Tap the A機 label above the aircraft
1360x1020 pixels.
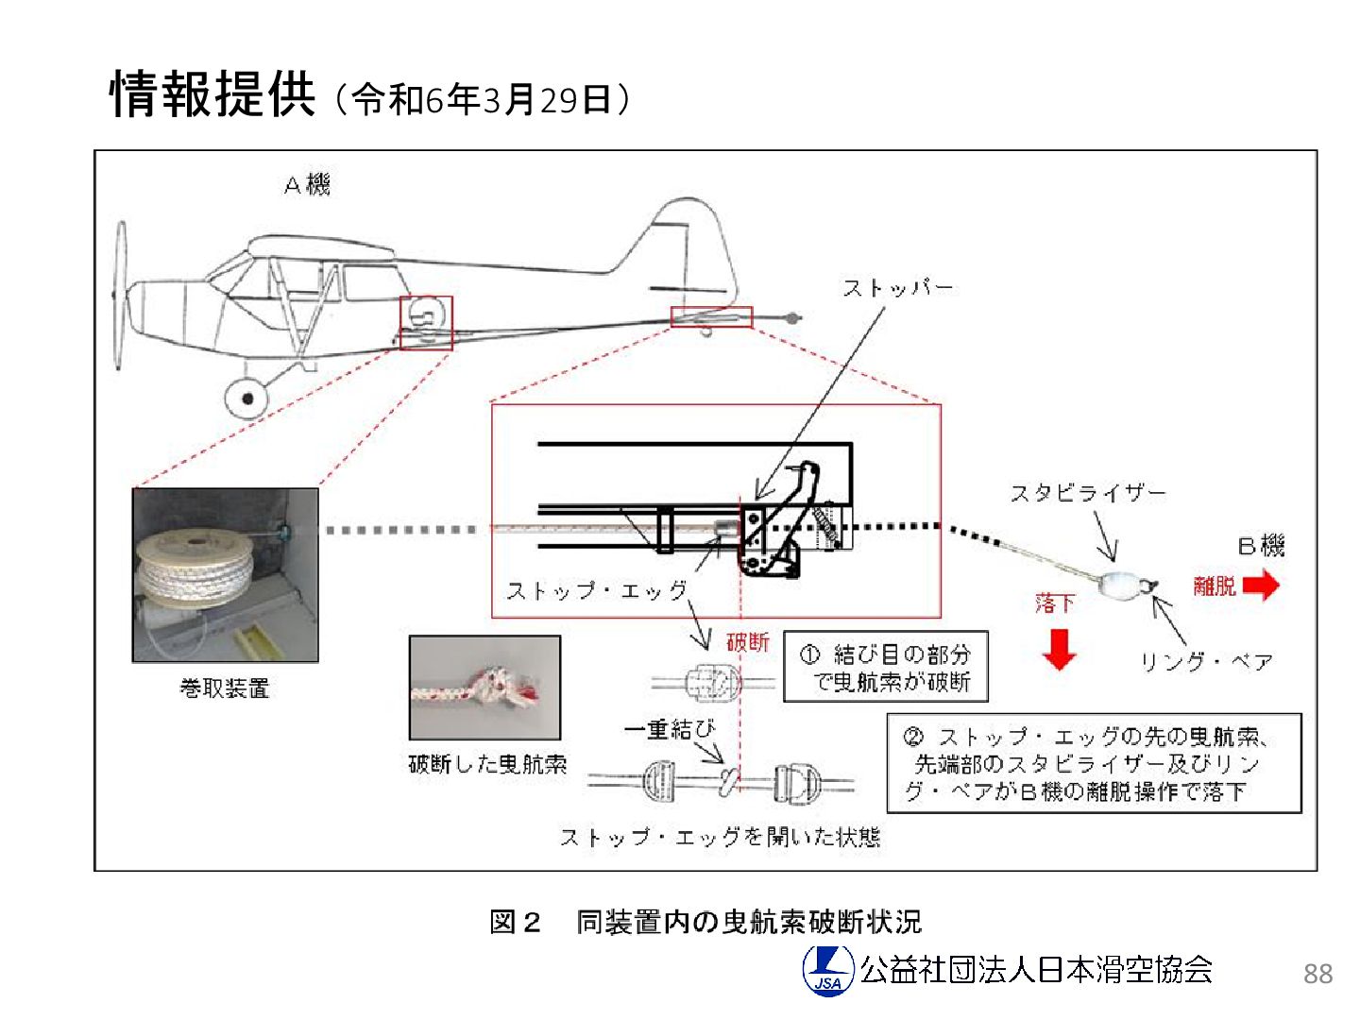point(307,184)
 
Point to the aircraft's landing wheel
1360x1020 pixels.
point(246,398)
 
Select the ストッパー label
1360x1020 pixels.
point(897,287)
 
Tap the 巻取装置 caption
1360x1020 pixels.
point(225,688)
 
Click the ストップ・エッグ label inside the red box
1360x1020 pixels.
point(597,591)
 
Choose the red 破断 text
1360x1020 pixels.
point(747,642)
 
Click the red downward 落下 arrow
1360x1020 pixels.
point(1059,648)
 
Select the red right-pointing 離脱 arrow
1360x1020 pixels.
point(1261,586)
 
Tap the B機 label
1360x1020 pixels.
point(1261,546)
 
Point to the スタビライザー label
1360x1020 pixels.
point(1088,493)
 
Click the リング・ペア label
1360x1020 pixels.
point(1206,661)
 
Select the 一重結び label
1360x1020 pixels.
point(670,729)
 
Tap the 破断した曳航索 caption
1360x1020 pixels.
point(487,764)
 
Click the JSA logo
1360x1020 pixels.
point(828,970)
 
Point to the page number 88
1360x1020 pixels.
point(1317,974)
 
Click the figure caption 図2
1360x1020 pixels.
point(515,922)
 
